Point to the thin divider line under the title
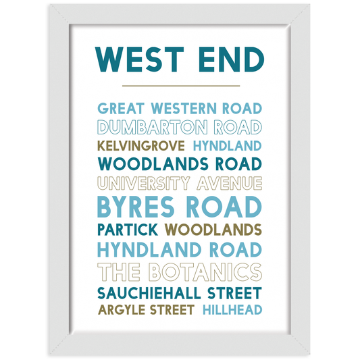[180, 86]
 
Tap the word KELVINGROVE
[142, 145]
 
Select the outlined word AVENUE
[229, 183]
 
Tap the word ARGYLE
[122, 311]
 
